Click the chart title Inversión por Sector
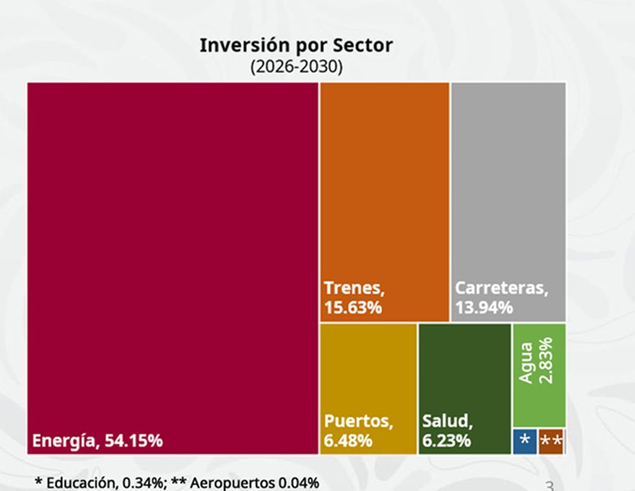[x=296, y=46]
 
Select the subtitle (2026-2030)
[x=296, y=67]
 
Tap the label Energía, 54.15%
[x=98, y=441]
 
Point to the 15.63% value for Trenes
[x=353, y=307]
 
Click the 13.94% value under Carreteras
[x=484, y=307]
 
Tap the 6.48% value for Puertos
[x=348, y=441]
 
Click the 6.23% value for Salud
[x=446, y=441]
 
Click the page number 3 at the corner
[x=549, y=485]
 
